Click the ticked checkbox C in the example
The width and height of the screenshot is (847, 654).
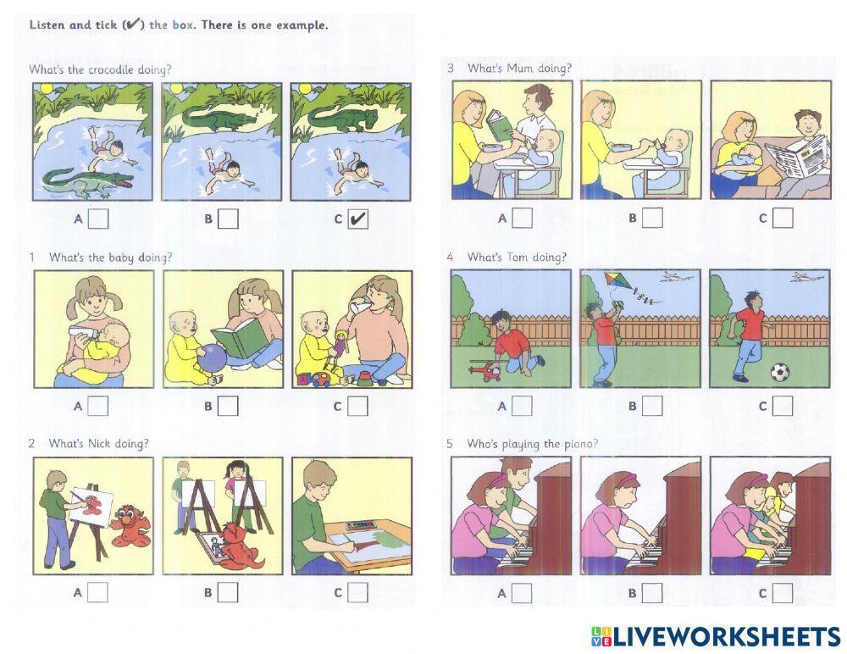(358, 219)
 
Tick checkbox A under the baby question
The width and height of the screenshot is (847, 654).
(98, 406)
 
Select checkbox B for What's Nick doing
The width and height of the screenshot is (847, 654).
(228, 592)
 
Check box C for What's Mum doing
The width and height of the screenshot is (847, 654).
(783, 219)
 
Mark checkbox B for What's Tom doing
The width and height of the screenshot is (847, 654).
(651, 406)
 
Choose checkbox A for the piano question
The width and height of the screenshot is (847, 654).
(522, 592)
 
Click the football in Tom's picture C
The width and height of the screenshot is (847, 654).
(780, 372)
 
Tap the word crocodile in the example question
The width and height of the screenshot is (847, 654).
(113, 69)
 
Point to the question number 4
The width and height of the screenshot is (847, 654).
(451, 257)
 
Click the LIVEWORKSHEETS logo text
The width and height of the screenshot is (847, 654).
(725, 636)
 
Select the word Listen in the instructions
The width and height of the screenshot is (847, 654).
(47, 25)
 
